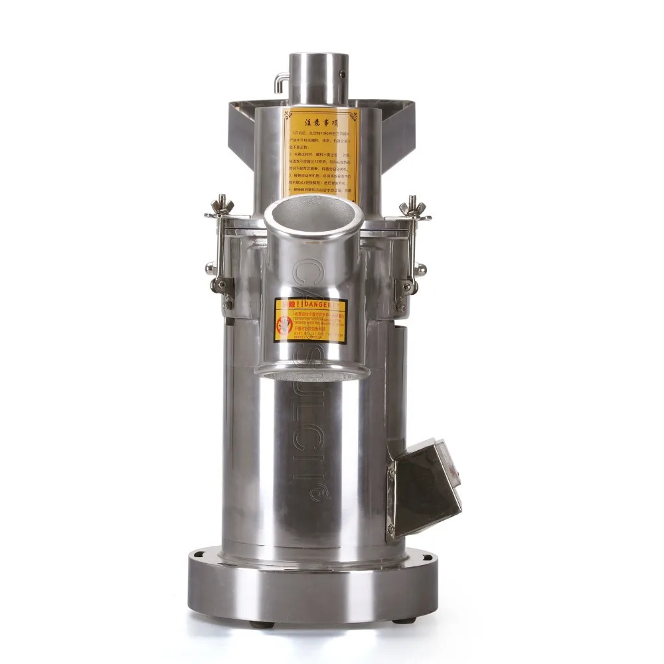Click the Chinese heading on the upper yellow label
pos(321,122)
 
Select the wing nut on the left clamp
pos(222,203)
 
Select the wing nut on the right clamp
pos(415,203)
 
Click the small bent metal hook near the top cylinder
pos(278,82)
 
